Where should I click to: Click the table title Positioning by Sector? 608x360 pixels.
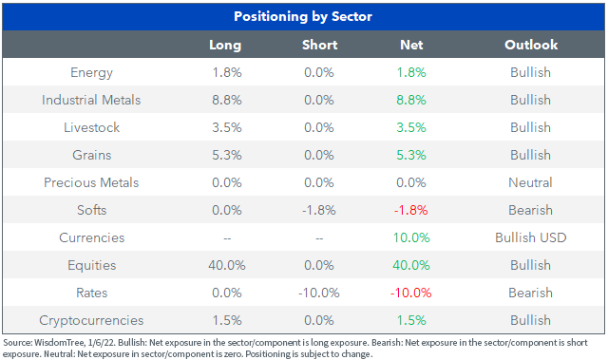click(303, 17)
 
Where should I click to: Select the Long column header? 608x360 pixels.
click(225, 45)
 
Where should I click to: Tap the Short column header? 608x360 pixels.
click(319, 45)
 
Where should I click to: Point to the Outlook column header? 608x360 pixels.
click(531, 45)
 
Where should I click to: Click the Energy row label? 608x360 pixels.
click(91, 73)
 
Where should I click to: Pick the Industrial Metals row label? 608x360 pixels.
click(91, 100)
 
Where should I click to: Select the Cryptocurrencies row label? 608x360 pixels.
click(91, 320)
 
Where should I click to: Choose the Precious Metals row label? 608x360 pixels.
click(91, 182)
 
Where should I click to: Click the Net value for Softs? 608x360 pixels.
click(411, 210)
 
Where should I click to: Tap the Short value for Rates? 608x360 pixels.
click(319, 293)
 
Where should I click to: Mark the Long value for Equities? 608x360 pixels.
click(227, 265)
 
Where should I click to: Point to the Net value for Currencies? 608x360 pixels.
click(411, 237)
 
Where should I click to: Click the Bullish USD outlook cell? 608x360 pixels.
click(530, 237)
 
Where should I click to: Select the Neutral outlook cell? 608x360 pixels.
click(530, 182)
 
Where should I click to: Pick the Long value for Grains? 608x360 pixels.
click(227, 155)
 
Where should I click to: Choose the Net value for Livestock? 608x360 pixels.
click(411, 127)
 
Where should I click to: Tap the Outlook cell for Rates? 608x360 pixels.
click(530, 293)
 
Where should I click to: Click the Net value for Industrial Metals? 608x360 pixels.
click(411, 100)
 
